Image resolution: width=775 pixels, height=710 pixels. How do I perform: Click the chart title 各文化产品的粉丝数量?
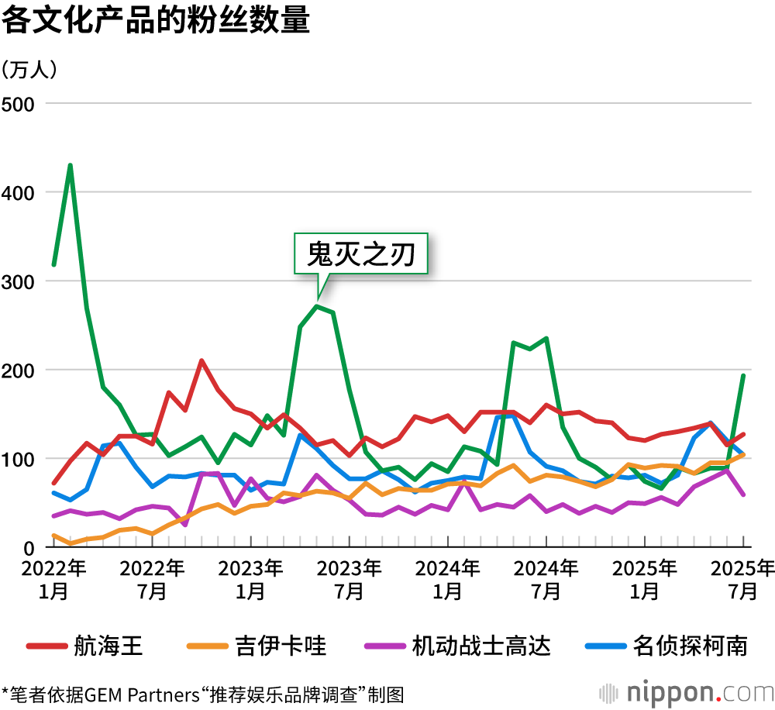pos(155,21)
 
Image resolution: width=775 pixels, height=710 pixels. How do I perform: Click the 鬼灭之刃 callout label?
pos(360,253)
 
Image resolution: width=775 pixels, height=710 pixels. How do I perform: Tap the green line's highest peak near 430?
pos(71,165)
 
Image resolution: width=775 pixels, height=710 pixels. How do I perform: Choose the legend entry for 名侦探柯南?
pos(690,646)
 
